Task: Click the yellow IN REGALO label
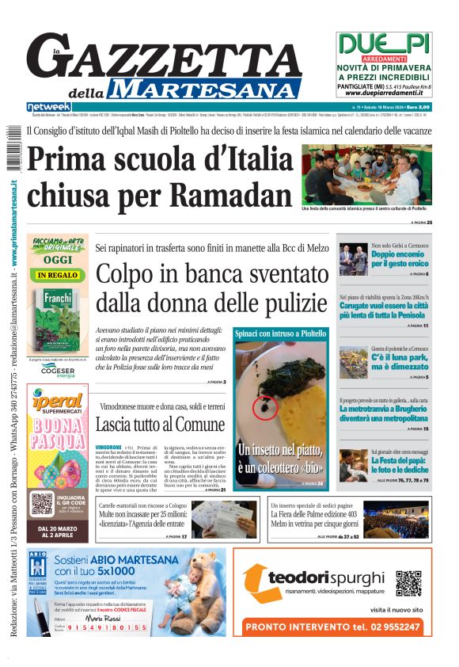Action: pyautogui.click(x=57, y=275)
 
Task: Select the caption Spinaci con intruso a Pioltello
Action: pyautogui.click(x=280, y=333)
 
